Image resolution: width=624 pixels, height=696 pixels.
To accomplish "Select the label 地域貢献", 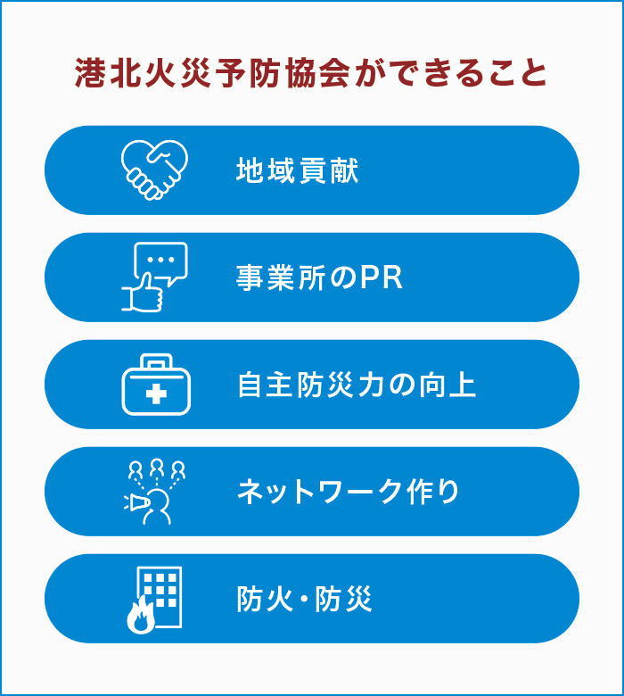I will click(298, 170).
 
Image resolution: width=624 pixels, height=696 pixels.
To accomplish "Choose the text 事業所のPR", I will click(319, 278).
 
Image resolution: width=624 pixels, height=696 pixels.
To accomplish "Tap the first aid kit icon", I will click(157, 385).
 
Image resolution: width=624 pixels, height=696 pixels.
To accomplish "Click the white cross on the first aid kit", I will click(157, 394).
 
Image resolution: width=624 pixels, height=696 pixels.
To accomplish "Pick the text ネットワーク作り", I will click(349, 492).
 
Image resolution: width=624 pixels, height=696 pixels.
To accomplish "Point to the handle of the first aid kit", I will click(157, 360).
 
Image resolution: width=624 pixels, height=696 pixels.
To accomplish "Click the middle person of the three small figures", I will click(157, 467).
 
